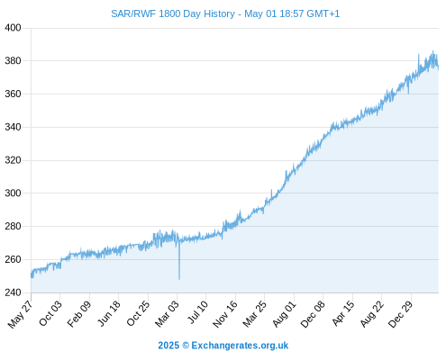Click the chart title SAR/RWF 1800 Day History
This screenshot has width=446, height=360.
(x=173, y=13)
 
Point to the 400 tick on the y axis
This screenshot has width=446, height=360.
(x=13, y=28)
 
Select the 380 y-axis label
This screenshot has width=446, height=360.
(x=13, y=61)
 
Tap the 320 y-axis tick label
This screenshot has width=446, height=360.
(x=13, y=160)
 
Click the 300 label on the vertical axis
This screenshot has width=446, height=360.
(x=13, y=193)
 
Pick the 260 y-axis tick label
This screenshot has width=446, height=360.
(x=13, y=259)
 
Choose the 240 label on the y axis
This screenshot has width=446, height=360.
(x=13, y=292)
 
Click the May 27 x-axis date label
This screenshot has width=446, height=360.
(x=21, y=314)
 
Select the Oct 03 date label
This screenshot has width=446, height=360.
(x=50, y=313)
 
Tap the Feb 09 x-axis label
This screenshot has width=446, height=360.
(x=79, y=313)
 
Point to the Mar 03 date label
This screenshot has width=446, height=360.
(x=167, y=313)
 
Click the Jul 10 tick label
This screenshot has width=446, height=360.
(x=198, y=312)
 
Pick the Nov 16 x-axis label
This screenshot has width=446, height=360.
(x=225, y=314)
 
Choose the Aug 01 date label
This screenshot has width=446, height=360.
(x=285, y=313)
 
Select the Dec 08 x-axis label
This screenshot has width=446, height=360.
(x=313, y=314)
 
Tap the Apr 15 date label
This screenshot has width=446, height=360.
(x=343, y=313)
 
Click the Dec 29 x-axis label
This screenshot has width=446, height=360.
(x=401, y=314)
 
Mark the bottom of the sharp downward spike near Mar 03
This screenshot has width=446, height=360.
(x=179, y=279)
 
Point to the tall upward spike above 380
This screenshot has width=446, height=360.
(x=419, y=55)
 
